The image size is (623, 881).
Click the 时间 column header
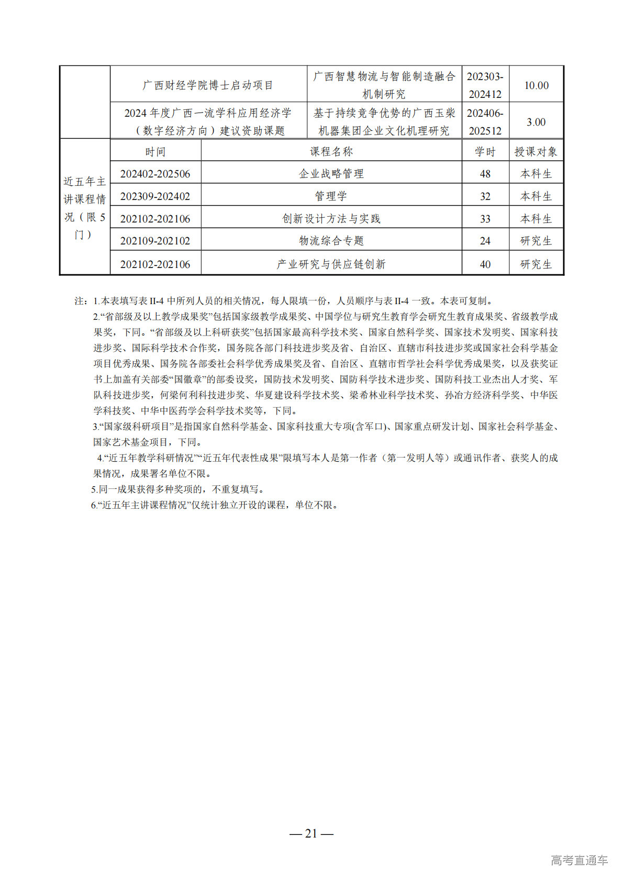(155, 152)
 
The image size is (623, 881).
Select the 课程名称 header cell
(331, 152)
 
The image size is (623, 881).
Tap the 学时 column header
(485, 152)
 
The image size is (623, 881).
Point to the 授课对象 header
(536, 152)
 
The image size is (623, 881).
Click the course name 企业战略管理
(331, 174)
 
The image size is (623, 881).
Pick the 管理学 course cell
(331, 196)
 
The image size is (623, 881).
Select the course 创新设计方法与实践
(331, 219)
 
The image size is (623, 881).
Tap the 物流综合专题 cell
(331, 241)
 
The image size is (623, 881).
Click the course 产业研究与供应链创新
(331, 264)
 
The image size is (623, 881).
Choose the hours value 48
(485, 174)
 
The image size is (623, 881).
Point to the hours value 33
(485, 219)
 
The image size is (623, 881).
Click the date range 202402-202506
(155, 174)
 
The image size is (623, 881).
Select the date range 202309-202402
(155, 196)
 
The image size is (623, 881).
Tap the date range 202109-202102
(155, 241)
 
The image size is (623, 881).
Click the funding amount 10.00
(537, 85)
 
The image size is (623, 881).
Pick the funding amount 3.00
(536, 122)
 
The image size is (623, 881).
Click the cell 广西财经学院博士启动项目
(208, 85)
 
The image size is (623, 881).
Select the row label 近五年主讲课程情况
(85, 207)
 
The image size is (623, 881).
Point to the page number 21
(311, 833)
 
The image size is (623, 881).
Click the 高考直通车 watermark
(580, 860)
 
